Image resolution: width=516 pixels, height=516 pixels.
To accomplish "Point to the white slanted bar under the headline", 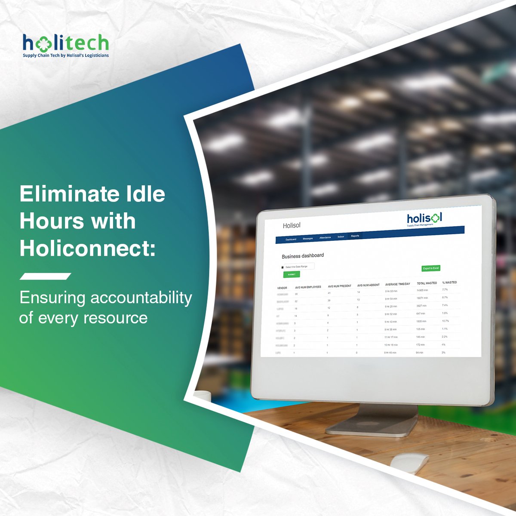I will [x=45, y=276].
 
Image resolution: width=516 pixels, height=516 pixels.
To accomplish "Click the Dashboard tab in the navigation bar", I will [x=291, y=239].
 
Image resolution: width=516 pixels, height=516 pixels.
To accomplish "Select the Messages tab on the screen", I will [x=307, y=238].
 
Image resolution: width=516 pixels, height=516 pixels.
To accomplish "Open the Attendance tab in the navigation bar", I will [x=325, y=237].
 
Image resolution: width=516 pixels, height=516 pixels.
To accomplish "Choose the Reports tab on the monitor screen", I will [x=355, y=236].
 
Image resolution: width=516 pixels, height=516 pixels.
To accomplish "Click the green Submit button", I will [x=292, y=274].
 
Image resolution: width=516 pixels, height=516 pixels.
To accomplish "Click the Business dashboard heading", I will [x=303, y=256].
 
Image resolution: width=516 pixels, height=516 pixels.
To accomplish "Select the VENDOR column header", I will [x=282, y=288].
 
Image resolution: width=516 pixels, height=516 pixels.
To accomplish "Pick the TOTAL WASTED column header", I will [x=427, y=283].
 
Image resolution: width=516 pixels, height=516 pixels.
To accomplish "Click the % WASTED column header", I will [x=449, y=283].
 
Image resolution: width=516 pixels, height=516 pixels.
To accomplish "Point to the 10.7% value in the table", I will [x=445, y=321].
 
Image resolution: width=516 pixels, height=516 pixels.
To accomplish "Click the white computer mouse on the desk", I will [x=409, y=463].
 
